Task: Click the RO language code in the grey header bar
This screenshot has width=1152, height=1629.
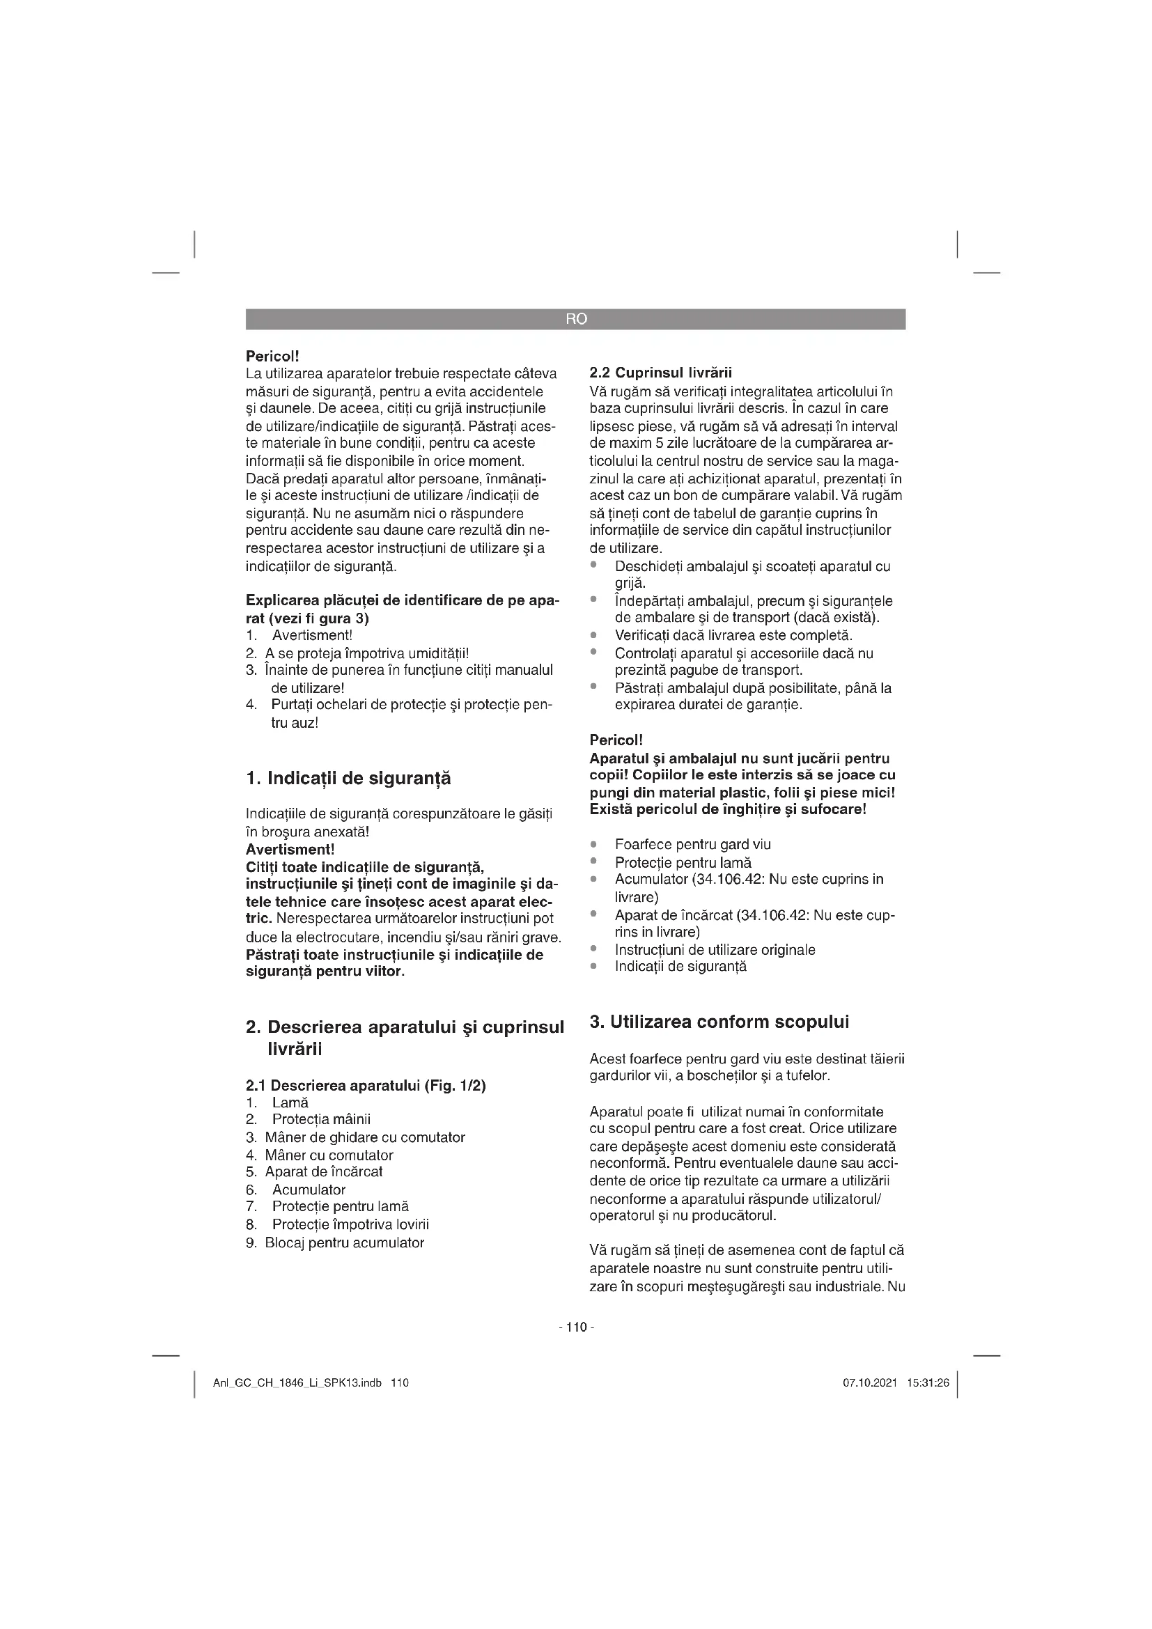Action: (x=576, y=319)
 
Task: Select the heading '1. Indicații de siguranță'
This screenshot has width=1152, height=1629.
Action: (x=348, y=779)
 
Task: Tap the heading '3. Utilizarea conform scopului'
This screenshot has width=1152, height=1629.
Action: (x=719, y=1022)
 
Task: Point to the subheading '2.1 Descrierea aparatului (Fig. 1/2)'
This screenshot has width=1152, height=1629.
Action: (x=366, y=1086)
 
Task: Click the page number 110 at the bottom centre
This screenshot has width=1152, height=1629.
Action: (x=577, y=1327)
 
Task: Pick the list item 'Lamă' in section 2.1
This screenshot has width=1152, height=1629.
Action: (x=290, y=1102)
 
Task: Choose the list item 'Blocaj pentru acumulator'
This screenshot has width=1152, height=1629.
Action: (x=344, y=1242)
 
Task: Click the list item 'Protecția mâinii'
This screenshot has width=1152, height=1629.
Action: (x=321, y=1120)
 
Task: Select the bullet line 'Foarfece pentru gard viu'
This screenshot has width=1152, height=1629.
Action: (x=692, y=844)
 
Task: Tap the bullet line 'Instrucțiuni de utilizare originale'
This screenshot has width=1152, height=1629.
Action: (x=715, y=949)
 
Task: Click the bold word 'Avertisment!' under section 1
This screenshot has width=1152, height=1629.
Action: (x=290, y=849)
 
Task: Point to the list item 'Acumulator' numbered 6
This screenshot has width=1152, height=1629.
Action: (x=309, y=1190)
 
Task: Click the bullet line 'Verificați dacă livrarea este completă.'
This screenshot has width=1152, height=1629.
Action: (x=733, y=635)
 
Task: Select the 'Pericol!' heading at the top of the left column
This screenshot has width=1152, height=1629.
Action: (x=272, y=354)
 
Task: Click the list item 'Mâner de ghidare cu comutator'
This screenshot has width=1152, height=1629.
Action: (x=364, y=1137)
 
